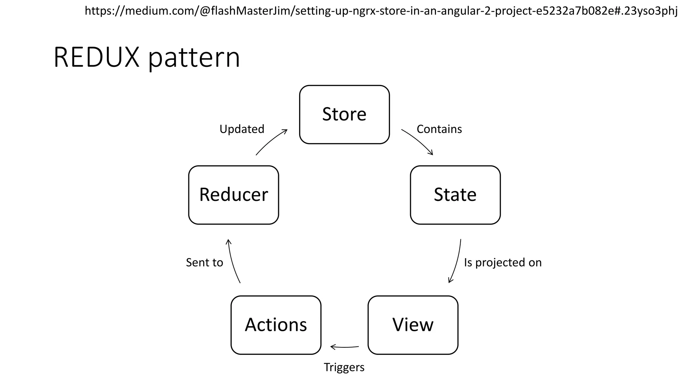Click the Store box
pos(344,114)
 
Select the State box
pos(455,195)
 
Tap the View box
pos(413,325)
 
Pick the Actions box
pos(276,325)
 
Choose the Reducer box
pos(233,195)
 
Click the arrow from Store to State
pos(419,140)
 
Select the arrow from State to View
pos(457,262)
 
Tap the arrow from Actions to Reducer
pos(232,262)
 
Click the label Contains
pos(439,129)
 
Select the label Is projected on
pos(503,262)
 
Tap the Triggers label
pos(344,367)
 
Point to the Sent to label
pos(205,262)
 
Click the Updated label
pos(242,129)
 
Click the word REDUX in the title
pos(96,57)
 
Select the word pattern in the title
pos(194,58)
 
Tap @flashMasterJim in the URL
pos(247,11)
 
